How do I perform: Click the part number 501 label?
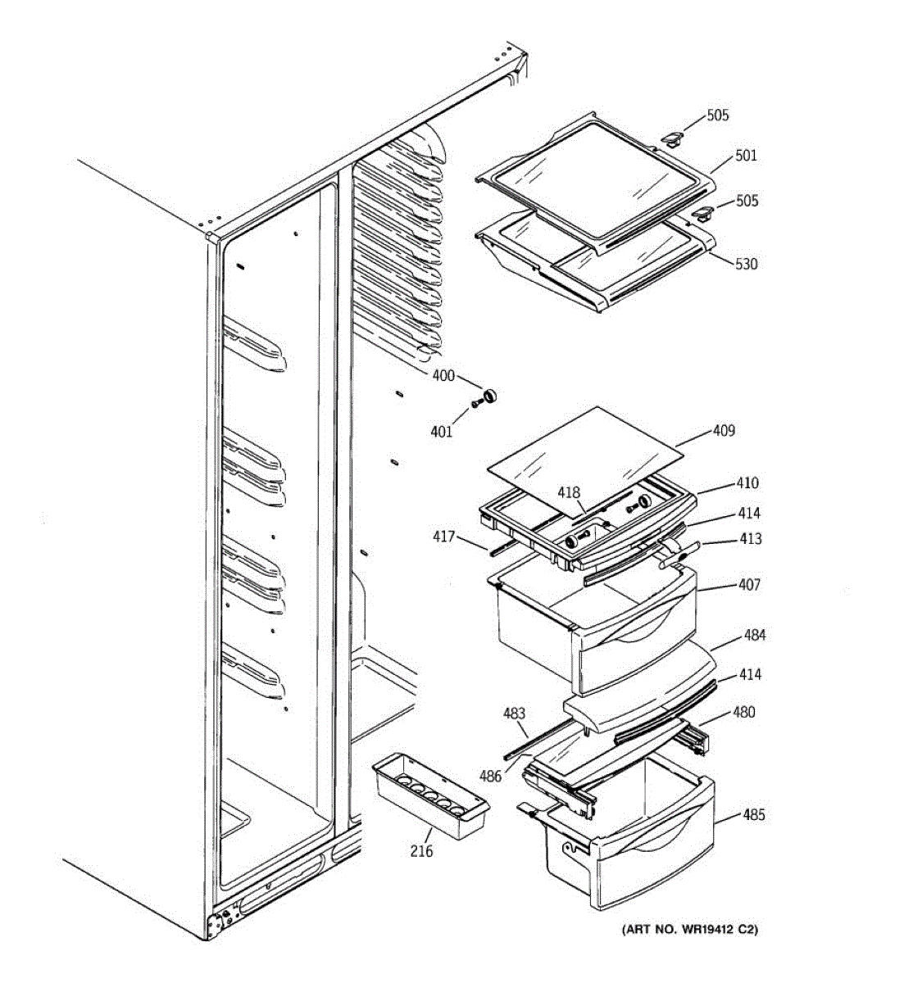tap(746, 156)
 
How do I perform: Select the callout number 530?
tap(746, 264)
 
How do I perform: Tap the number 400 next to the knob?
tap(443, 376)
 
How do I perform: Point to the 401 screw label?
tap(441, 432)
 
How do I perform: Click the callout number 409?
tap(724, 430)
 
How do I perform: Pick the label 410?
tap(747, 483)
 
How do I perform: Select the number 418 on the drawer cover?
tap(569, 492)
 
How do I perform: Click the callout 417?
tap(444, 537)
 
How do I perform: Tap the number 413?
tap(750, 538)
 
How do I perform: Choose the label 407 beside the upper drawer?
tap(749, 585)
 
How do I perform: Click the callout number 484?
tap(755, 635)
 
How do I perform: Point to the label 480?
tap(743, 712)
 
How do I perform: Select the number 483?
tap(514, 713)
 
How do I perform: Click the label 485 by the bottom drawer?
tap(754, 815)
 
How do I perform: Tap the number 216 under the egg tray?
tap(421, 851)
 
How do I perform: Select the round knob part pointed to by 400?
tap(490, 397)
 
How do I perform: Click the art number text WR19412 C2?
tap(689, 929)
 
